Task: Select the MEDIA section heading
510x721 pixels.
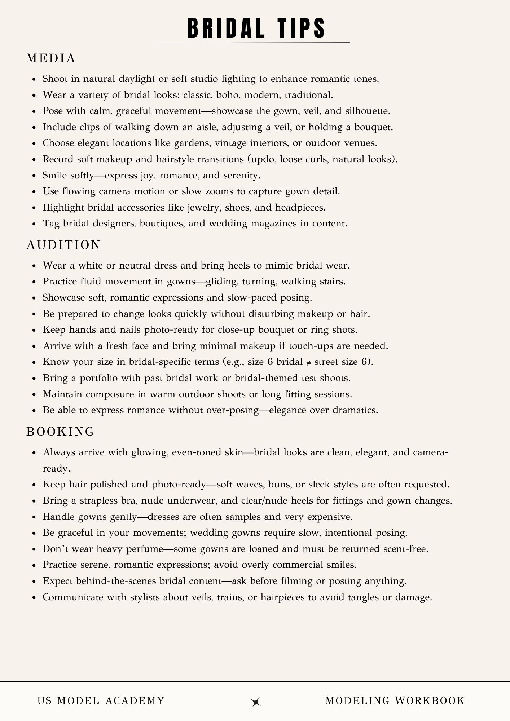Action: tap(51, 58)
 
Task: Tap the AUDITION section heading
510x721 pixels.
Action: tap(63, 245)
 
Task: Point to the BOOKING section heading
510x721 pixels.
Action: tap(60, 432)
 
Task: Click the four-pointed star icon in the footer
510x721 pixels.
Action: tap(256, 702)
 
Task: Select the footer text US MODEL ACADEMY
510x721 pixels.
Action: tap(101, 701)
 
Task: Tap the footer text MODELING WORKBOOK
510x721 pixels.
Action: tap(395, 701)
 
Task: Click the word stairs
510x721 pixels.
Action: tap(333, 282)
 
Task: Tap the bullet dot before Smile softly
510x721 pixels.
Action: tap(34, 176)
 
